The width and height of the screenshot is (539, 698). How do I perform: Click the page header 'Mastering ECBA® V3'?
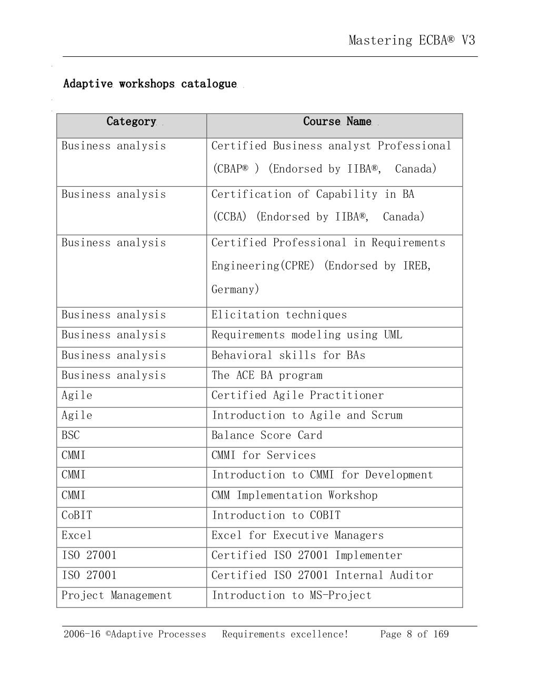[x=412, y=41]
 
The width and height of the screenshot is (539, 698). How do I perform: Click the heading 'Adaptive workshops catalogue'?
[x=150, y=84]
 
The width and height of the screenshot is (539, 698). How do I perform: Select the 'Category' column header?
[x=131, y=122]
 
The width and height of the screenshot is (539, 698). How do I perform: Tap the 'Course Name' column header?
[x=337, y=122]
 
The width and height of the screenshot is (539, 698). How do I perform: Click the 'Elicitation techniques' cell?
[x=279, y=315]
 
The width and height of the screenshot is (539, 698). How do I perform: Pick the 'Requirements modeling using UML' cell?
[x=306, y=335]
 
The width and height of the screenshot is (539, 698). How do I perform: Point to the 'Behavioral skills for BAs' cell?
[x=288, y=355]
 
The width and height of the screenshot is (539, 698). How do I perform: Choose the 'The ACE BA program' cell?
[x=267, y=375]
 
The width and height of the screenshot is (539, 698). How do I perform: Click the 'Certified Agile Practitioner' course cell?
[x=297, y=395]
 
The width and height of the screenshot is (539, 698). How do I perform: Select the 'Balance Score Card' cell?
[x=266, y=435]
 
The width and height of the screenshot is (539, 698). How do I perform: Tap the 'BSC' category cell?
[x=71, y=435]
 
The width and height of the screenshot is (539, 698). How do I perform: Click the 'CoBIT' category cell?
[x=77, y=515]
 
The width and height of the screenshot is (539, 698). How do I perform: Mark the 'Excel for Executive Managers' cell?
[x=297, y=535]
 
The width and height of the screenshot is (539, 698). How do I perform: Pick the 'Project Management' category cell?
[x=116, y=595]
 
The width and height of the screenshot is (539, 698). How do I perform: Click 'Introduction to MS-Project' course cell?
[x=291, y=595]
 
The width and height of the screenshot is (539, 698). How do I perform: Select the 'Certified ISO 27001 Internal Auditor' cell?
[x=322, y=575]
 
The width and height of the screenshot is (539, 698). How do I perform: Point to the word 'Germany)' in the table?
[x=235, y=290]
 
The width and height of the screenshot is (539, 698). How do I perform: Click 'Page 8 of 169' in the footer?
[x=414, y=634]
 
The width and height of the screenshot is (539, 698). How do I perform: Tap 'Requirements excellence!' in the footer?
[x=285, y=634]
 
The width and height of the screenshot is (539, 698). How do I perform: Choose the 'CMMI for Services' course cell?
[x=263, y=455]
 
